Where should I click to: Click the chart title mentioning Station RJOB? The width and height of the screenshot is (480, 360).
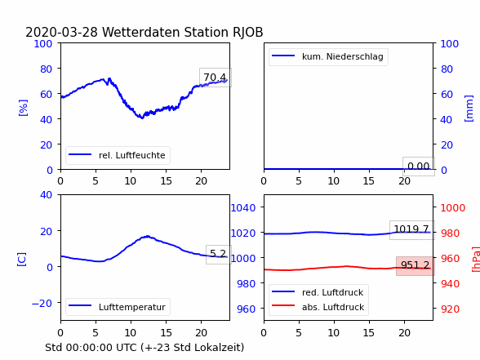pos(144,32)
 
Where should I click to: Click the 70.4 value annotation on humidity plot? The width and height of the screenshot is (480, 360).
pos(216,77)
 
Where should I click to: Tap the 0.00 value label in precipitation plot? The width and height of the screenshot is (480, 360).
pos(419,167)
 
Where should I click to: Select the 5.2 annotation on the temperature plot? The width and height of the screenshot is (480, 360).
pos(218,254)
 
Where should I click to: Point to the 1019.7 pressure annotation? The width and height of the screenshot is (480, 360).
pos(411,229)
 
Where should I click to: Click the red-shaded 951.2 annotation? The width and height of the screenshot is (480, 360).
pos(415,265)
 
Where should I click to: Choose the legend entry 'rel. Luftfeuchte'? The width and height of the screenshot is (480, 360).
pos(118,155)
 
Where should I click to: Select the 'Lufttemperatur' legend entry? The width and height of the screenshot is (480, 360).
pos(118,307)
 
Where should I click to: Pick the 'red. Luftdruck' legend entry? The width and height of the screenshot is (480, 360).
pos(318,292)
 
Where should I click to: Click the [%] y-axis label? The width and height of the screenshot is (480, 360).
pos(23,108)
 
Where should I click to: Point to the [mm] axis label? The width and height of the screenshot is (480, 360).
pos(469,109)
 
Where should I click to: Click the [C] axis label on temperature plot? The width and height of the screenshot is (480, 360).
pos(22,260)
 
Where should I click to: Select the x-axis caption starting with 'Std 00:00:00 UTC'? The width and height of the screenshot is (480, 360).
pos(144,348)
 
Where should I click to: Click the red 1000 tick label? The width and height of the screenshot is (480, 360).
pos(453,208)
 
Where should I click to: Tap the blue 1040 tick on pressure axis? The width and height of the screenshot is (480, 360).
pos(243,208)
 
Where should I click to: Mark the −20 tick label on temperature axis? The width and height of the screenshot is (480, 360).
pos(42,303)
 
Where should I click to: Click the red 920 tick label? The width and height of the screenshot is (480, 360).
pos(450,309)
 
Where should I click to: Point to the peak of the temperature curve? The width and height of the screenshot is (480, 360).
pos(148,236)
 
